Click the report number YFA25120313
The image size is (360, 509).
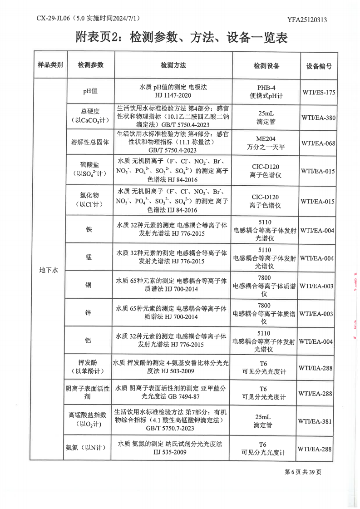coord(307,20)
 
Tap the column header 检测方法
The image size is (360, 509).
coord(173,66)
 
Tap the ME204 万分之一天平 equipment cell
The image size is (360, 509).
coord(266,143)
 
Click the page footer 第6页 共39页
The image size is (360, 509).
coord(303,472)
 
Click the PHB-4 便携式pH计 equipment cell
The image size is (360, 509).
coord(266,91)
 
